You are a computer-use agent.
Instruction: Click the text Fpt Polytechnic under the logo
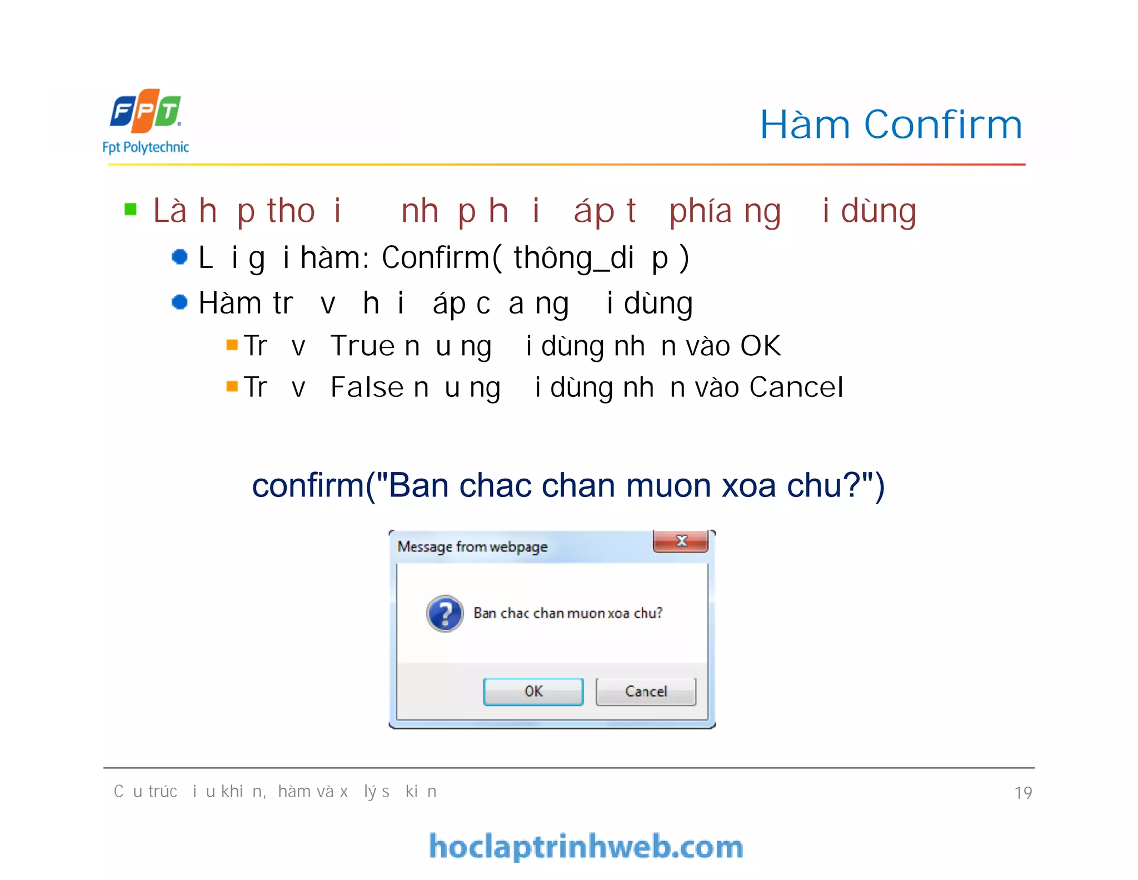pyautogui.click(x=146, y=147)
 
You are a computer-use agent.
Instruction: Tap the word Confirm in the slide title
pyautogui.click(x=943, y=125)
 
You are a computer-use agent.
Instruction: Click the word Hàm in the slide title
pyautogui.click(x=805, y=125)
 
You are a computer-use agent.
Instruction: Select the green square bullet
pyautogui.click(x=131, y=210)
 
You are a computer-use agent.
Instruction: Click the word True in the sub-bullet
pyautogui.click(x=362, y=346)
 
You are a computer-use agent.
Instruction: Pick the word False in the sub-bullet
pyautogui.click(x=367, y=387)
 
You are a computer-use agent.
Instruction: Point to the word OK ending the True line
pyautogui.click(x=760, y=346)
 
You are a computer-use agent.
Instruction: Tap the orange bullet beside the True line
pyautogui.click(x=232, y=345)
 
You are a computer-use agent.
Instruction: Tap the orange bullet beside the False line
pyautogui.click(x=232, y=386)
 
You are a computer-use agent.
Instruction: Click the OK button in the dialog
pyautogui.click(x=533, y=692)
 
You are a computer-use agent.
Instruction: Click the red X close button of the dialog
pyautogui.click(x=681, y=541)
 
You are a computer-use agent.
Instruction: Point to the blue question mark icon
pyautogui.click(x=445, y=614)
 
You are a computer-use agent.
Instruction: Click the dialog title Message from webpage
pyautogui.click(x=472, y=547)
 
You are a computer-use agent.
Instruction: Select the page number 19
pyautogui.click(x=1023, y=792)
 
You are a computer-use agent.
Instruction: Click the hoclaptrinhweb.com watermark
pyautogui.click(x=586, y=847)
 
